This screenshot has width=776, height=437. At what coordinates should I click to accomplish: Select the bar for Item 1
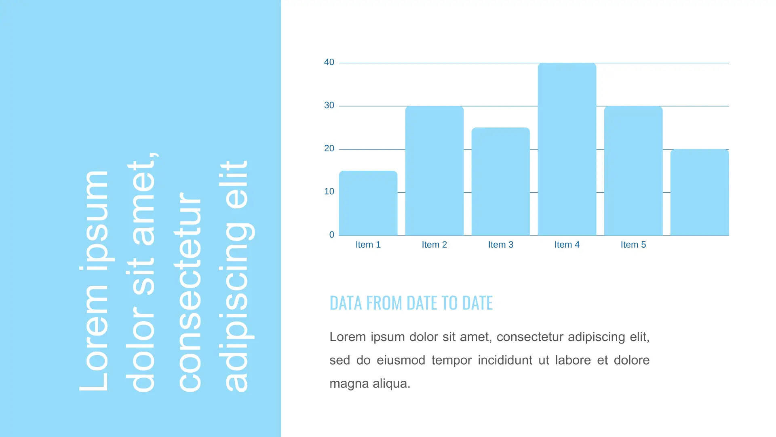(368, 203)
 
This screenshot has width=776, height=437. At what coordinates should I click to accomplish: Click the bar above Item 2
(434, 171)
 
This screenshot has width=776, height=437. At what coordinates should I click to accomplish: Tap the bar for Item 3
(500, 182)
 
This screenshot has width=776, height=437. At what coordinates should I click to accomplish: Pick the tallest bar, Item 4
(567, 149)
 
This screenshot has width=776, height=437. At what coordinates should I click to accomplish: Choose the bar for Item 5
(633, 171)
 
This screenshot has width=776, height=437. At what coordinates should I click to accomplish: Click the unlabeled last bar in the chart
(699, 192)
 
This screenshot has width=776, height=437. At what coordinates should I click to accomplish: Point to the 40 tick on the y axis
(329, 62)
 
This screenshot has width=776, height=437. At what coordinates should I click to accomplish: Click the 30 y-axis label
(329, 105)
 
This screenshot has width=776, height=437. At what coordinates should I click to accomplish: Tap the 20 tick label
(329, 148)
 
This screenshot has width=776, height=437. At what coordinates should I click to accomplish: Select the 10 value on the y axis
(329, 191)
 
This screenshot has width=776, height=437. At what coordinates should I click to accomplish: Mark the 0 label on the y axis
(331, 235)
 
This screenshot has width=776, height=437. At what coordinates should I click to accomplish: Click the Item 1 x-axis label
(368, 244)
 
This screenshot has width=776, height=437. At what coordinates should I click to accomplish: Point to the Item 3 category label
(500, 244)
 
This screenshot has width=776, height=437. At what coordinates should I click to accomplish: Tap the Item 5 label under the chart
(633, 244)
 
